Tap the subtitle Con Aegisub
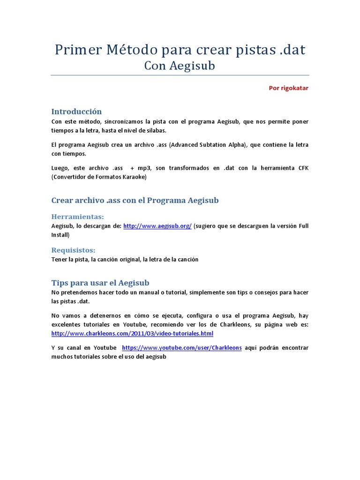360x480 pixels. (180, 66)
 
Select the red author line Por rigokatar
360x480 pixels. (288, 88)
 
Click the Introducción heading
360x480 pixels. (76, 112)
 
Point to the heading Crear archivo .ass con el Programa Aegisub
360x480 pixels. (135, 201)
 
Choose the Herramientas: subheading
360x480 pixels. (77, 217)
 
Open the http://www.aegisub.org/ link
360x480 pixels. (157, 226)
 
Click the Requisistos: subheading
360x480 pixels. (73, 250)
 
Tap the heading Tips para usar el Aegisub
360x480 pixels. (100, 283)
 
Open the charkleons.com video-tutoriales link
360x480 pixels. (132, 334)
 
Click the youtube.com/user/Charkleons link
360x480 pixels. (182, 348)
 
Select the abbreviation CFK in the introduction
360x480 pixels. (303, 168)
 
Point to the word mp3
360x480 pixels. (144, 168)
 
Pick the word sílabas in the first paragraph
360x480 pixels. (154, 130)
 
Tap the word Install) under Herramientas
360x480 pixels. (60, 235)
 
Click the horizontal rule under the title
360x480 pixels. (180, 75)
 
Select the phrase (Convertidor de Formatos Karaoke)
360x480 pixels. (99, 177)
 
